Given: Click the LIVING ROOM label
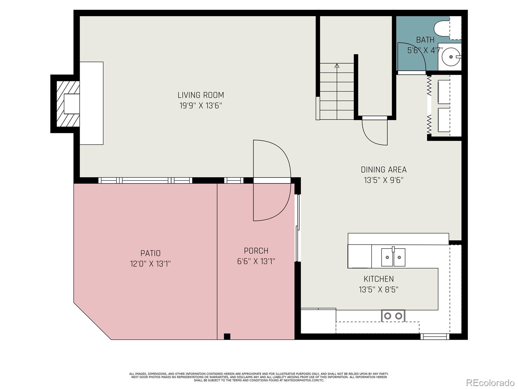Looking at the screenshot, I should [x=201, y=95].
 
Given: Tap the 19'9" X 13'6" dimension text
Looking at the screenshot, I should [x=201, y=106].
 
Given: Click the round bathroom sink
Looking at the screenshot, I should [x=451, y=57].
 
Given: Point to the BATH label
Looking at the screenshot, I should [x=425, y=40].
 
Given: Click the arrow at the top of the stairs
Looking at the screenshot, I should [x=337, y=66].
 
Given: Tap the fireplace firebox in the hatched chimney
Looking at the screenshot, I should [x=72, y=104].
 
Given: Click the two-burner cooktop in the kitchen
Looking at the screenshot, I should [x=393, y=315].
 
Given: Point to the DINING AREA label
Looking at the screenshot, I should [x=384, y=170].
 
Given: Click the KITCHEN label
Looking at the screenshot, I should [x=378, y=279].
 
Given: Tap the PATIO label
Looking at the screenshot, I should [x=150, y=253].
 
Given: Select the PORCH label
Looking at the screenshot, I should [x=256, y=251].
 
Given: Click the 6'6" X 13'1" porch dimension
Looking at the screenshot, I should [x=256, y=261].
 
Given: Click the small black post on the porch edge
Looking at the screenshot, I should [x=227, y=336].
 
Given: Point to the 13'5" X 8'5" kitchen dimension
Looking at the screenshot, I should [x=378, y=289].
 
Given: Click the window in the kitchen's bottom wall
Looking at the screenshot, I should [x=434, y=337].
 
